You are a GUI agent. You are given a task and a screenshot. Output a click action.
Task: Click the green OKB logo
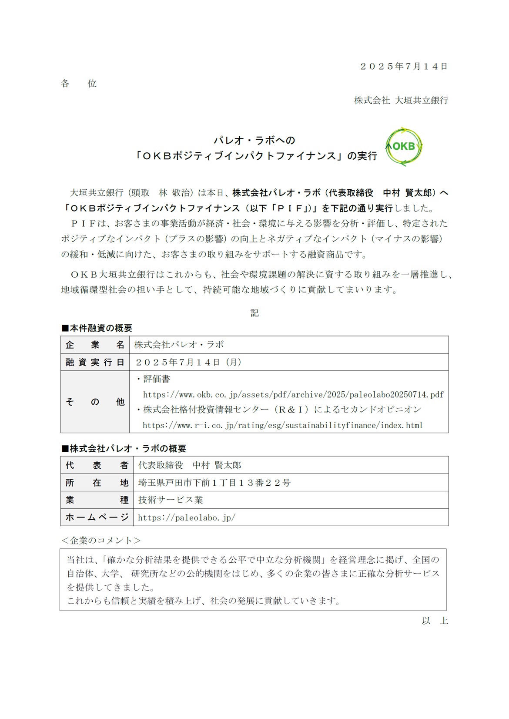click(x=404, y=147)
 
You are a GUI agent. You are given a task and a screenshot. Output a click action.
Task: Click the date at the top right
click(x=404, y=67)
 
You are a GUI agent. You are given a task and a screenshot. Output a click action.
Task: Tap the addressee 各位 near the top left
click(x=79, y=84)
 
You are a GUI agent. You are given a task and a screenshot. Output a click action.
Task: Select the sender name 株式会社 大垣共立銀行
click(x=401, y=101)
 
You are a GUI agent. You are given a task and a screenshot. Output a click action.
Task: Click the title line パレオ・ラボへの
click(x=254, y=140)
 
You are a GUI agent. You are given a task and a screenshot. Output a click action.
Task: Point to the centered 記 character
click(x=254, y=313)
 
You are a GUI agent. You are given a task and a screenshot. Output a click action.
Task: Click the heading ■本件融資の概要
click(x=97, y=328)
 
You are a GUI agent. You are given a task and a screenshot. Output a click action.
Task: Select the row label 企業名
click(x=95, y=345)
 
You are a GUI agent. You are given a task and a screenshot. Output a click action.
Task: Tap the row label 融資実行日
click(x=95, y=362)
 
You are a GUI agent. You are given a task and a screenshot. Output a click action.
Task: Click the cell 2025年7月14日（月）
click(x=188, y=362)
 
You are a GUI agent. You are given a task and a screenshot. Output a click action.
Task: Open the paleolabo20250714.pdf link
click(x=293, y=395)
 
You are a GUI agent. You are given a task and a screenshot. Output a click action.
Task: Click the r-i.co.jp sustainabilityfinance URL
click(x=283, y=425)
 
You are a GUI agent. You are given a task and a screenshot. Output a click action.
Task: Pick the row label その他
click(x=95, y=402)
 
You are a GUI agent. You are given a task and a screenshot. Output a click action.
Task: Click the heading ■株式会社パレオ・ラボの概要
click(x=124, y=448)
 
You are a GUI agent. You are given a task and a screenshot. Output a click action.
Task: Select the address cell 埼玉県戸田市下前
click(x=214, y=483)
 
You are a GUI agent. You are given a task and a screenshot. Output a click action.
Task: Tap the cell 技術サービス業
click(x=171, y=500)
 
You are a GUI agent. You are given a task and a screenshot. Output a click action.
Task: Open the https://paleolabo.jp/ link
click(x=187, y=517)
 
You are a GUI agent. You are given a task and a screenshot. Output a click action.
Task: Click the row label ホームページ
click(x=97, y=517)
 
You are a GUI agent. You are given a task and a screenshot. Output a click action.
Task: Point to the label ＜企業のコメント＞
click(x=101, y=541)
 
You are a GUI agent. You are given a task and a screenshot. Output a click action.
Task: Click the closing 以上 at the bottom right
click(x=434, y=621)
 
